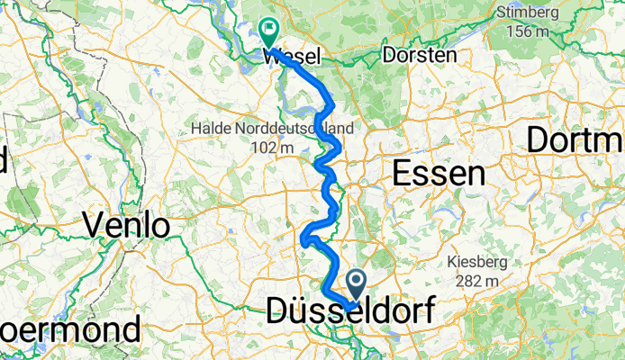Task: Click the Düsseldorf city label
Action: coord(349,310)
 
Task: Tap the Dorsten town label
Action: coord(420,55)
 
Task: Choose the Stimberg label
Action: coord(528,13)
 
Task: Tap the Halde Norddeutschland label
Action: coord(272,130)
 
